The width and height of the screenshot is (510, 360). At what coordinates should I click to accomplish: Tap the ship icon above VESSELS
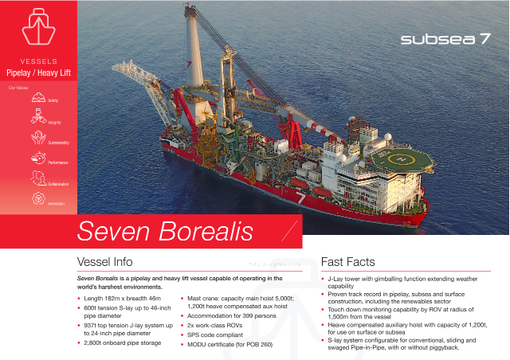[x=38, y=28]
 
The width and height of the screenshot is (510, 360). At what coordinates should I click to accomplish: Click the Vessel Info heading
[x=104, y=262]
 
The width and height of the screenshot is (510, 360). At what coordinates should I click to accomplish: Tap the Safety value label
[x=53, y=100]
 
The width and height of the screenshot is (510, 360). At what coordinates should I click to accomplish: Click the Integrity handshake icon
[x=37, y=118]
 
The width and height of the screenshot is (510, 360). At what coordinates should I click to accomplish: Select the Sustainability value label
[x=59, y=143]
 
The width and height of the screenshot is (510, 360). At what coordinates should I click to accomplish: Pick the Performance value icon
[x=37, y=158]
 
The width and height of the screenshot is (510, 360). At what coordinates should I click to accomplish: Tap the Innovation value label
[x=56, y=204]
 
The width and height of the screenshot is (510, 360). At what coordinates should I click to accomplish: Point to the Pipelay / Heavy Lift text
[x=39, y=72]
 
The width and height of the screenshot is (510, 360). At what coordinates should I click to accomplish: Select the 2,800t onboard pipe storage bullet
[x=122, y=342]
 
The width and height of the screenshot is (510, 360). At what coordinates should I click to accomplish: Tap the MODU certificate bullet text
[x=229, y=344]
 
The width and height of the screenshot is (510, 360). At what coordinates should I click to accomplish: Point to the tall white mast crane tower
[x=192, y=48]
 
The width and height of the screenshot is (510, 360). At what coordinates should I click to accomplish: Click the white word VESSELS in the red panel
[x=38, y=61]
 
